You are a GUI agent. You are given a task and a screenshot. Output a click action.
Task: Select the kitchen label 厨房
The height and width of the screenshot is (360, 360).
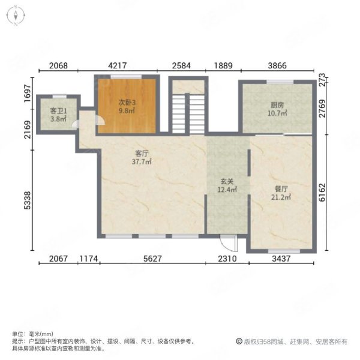(276, 105)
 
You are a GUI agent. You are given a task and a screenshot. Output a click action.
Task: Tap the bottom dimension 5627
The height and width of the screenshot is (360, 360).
(152, 259)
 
